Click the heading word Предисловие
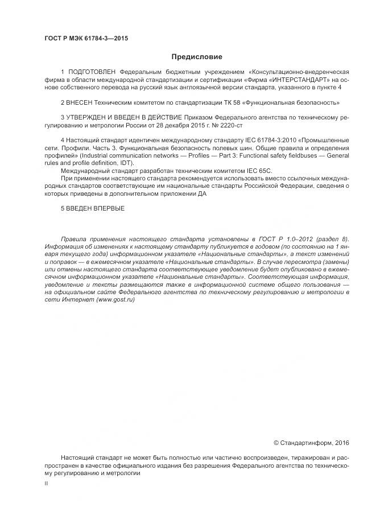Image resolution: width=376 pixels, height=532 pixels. pyautogui.click(x=197, y=57)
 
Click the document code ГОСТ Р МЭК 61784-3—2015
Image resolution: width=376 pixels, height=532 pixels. pyautogui.click(x=86, y=38)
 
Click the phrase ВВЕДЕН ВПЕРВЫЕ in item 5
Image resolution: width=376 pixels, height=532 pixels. pyautogui.click(x=95, y=209)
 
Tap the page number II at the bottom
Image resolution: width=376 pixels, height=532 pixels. pyautogui.click(x=46, y=483)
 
